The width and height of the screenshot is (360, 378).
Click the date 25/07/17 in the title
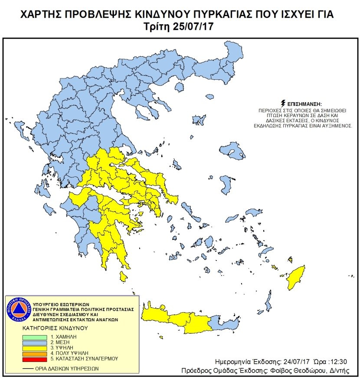pyautogui.click(x=193, y=26)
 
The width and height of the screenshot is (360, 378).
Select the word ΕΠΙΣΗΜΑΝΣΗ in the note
pyautogui.click(x=304, y=104)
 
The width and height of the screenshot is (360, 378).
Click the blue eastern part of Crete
pyautogui.click(x=225, y=323)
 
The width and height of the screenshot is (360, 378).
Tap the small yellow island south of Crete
pyautogui.click(x=161, y=337)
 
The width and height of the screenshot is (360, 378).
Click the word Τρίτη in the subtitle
pyautogui.click(x=156, y=26)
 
